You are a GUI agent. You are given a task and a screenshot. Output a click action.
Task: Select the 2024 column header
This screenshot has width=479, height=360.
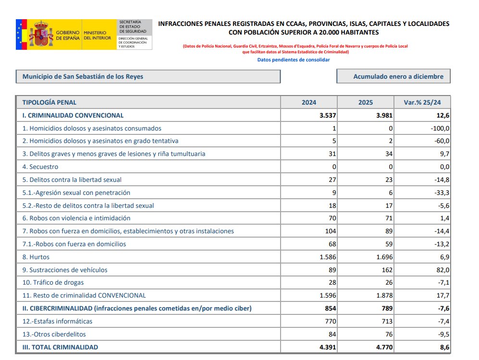point(309,102)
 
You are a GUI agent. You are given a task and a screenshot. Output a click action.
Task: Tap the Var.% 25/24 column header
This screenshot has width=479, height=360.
point(422,102)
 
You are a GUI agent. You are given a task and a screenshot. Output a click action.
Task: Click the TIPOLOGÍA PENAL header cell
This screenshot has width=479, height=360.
point(49,102)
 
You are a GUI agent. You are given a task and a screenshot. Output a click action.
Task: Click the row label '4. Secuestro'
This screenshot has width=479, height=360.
point(40,167)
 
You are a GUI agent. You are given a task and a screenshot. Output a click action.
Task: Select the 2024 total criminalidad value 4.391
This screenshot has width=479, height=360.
point(326,347)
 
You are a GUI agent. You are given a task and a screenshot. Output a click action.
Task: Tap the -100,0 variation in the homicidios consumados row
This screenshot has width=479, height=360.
point(440,128)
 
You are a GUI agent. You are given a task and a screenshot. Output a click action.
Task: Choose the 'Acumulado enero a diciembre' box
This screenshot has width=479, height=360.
point(393,76)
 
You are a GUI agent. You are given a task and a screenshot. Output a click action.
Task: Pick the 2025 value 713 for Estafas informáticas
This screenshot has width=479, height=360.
point(386,321)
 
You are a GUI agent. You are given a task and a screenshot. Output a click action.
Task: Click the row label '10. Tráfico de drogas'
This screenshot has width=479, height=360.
point(53,283)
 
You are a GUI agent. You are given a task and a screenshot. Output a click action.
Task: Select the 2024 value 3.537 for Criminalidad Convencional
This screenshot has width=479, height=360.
point(326,115)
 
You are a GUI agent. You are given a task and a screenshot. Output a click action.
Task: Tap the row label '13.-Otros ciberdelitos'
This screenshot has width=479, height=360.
point(54,334)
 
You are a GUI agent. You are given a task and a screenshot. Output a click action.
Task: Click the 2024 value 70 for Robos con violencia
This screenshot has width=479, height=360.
point(332,218)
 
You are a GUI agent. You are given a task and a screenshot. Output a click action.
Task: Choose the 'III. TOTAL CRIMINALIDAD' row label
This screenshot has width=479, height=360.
point(60,347)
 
